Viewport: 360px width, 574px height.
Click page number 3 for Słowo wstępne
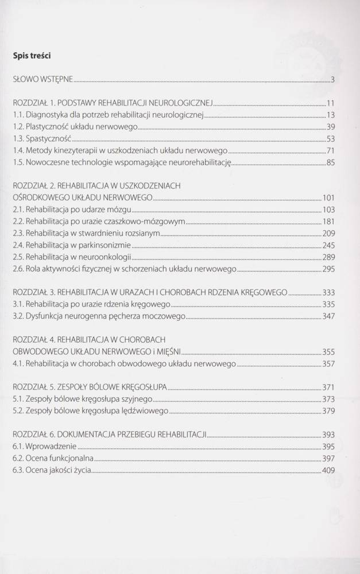(x=332, y=80)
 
